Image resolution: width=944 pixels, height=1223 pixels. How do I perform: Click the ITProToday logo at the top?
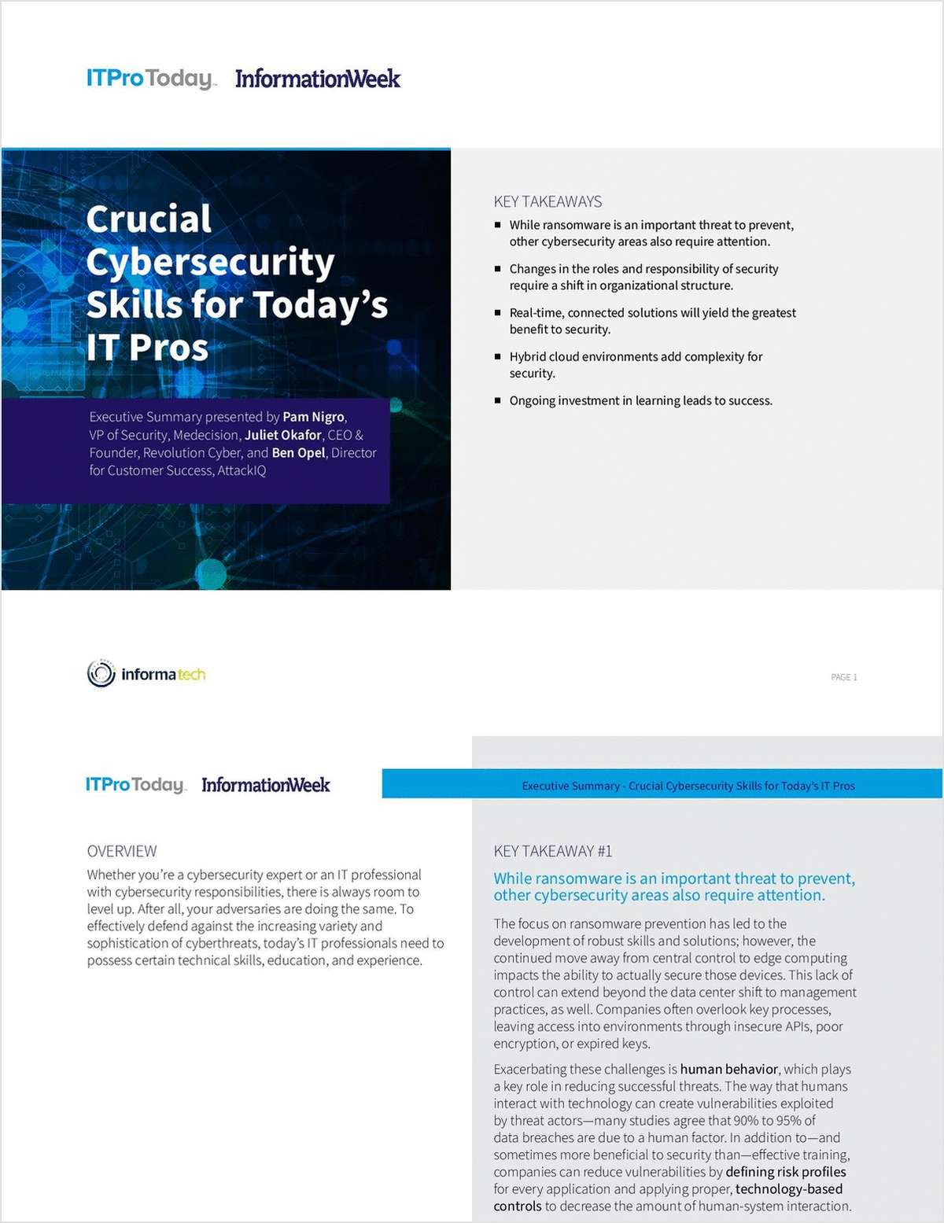coord(150,79)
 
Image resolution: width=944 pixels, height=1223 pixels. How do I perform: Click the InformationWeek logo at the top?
coord(318,79)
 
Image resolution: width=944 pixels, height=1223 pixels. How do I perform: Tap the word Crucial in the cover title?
coord(149,219)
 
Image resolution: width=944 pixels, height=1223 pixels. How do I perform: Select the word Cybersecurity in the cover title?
coord(210,262)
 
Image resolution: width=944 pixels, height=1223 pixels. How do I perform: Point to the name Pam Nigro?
coord(313,417)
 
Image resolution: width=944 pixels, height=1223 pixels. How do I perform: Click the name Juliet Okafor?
coord(282,435)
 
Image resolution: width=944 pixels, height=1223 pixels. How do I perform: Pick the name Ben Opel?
coord(298,453)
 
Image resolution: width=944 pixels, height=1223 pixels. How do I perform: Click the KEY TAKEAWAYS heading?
coord(548,201)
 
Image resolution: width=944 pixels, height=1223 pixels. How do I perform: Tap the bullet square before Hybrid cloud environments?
coord(497,356)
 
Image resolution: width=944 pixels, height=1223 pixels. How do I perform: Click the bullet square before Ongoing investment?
coord(497,400)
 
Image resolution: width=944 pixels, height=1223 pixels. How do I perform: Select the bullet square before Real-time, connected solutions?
coord(497,312)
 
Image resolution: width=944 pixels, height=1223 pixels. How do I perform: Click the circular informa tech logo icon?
coord(101,674)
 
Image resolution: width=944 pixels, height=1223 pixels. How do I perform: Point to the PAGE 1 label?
coord(843,677)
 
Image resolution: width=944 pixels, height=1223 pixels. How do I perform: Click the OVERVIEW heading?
coord(122,851)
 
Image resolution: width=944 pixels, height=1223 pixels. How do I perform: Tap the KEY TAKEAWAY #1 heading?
coord(552,851)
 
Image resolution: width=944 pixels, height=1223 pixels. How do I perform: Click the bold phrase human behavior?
coord(728,1069)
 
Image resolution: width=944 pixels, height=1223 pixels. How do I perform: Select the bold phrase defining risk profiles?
coord(785,1172)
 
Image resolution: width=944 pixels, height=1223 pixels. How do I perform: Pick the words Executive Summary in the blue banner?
coord(570,786)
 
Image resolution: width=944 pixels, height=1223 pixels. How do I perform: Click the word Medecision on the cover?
coord(206,435)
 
